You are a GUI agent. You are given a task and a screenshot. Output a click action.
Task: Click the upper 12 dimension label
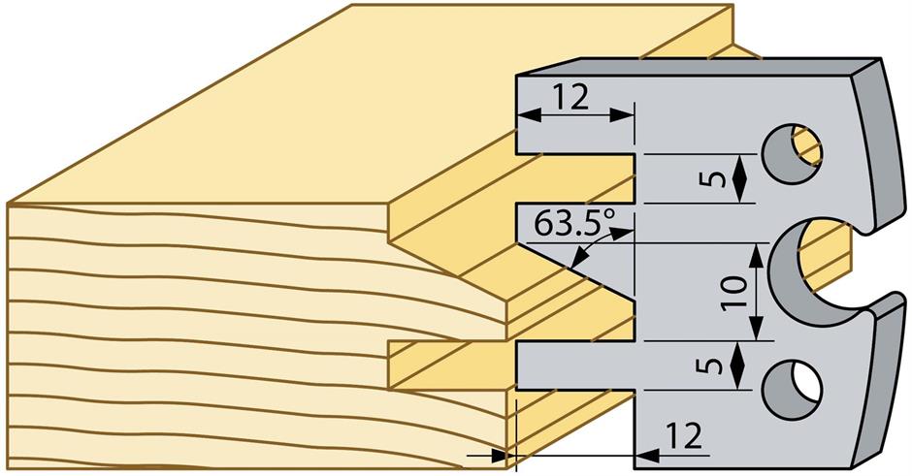coord(571,98)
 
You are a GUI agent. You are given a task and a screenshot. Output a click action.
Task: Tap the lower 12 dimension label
coord(684,436)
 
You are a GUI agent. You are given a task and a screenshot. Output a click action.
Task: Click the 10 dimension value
coord(735,292)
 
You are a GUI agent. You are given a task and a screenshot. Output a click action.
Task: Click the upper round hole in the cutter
coord(791,153)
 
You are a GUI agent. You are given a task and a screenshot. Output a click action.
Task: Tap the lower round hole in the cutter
coord(791,389)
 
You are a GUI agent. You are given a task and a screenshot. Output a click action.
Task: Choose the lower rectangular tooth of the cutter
coord(575,365)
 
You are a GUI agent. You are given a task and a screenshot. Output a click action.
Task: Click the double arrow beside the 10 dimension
coord(756,292)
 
